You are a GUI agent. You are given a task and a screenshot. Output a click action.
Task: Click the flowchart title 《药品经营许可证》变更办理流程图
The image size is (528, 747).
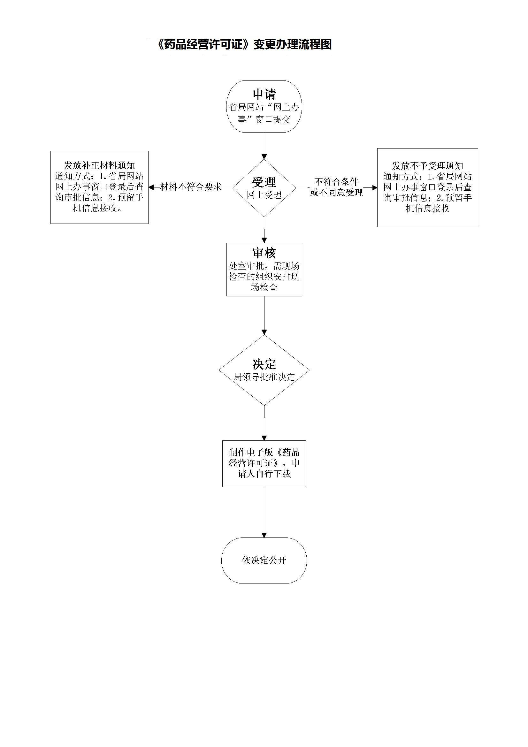tap(244, 44)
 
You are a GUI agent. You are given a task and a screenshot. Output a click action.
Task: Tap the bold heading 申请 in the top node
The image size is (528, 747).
tap(264, 94)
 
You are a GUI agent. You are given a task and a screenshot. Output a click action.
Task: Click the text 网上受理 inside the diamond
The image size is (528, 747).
tap(264, 195)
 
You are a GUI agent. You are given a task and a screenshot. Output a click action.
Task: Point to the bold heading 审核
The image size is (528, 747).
tap(264, 253)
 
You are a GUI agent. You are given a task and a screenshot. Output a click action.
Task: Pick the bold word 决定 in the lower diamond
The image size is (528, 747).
tap(264, 364)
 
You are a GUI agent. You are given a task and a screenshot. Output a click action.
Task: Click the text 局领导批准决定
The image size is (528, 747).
tap(264, 377)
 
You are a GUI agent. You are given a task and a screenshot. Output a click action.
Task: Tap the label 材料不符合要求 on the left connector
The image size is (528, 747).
tap(191, 187)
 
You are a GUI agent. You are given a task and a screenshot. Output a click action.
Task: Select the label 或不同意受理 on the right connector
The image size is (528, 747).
tap(336, 193)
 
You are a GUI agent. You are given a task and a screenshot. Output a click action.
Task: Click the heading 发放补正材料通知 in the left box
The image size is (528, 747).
tap(99, 165)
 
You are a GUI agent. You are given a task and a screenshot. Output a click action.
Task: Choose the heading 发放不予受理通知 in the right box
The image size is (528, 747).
tap(427, 166)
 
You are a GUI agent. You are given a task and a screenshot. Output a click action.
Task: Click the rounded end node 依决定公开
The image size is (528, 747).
tap(264, 560)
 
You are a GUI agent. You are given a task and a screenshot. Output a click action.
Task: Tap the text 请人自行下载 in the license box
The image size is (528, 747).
tap(264, 474)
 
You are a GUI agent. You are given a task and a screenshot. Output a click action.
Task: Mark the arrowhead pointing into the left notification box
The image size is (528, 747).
tap(151, 187)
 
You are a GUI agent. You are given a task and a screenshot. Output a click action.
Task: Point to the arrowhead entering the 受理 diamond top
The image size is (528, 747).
tap(264, 156)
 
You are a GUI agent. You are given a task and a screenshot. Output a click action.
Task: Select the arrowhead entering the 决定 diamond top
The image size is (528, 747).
tap(264, 332)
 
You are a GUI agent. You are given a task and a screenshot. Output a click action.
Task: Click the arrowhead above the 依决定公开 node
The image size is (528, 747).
tap(264, 535)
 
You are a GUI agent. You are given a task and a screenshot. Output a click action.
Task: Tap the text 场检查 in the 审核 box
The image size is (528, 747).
tap(264, 287)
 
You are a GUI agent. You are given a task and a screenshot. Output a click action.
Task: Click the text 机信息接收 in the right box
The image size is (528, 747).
tap(427, 208)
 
